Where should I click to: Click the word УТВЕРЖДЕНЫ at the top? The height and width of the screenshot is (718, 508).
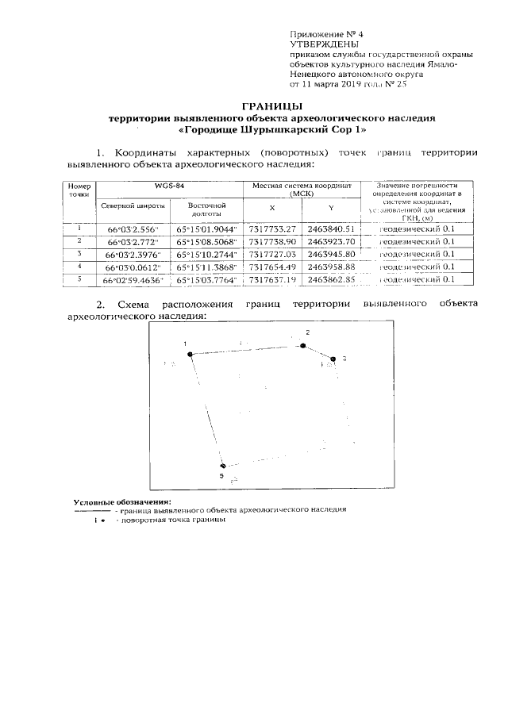pos(320,44)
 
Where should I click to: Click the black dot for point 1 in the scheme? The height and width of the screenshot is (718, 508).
pos(190,354)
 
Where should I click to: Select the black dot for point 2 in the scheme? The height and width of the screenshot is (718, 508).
pos(302,345)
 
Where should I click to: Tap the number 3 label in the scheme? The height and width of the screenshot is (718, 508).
pos(344,359)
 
